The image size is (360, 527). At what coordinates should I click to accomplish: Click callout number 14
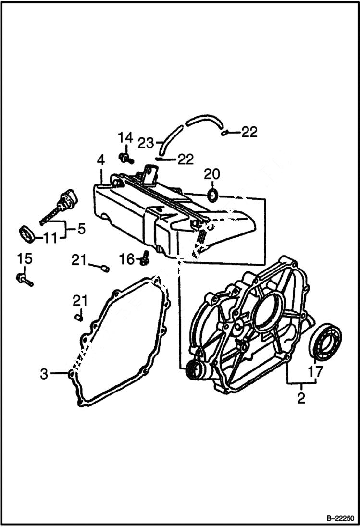[125, 138]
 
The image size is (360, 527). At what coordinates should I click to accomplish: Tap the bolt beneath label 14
[125, 157]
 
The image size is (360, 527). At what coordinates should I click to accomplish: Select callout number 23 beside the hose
[146, 143]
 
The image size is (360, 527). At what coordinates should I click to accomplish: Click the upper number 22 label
[248, 132]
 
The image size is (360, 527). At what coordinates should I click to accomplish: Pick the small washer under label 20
[212, 195]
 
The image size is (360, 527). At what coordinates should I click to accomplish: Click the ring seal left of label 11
[27, 234]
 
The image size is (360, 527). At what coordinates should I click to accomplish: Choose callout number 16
[127, 260]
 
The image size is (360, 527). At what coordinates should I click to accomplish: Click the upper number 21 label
[79, 260]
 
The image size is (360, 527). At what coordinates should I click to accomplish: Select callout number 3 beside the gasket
[44, 374]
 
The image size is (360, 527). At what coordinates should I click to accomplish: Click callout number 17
[315, 371]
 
